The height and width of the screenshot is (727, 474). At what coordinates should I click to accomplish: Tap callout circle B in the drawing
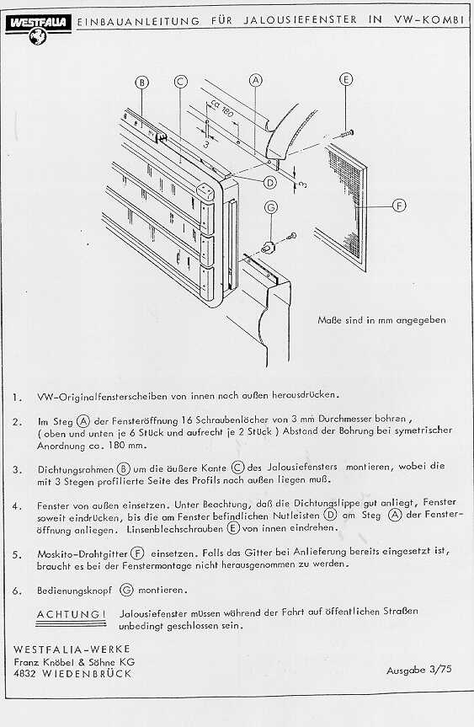[x=141, y=83]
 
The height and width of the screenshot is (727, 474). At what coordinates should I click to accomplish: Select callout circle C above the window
[x=181, y=82]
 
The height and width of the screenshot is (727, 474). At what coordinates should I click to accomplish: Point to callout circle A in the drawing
[x=256, y=80]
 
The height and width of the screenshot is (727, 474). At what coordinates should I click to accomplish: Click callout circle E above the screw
[x=346, y=79]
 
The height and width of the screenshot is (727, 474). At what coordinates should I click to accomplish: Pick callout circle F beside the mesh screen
[x=399, y=206]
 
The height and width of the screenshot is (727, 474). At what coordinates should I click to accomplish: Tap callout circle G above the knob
[x=271, y=207]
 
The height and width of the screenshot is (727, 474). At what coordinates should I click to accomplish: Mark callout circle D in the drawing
[x=270, y=182]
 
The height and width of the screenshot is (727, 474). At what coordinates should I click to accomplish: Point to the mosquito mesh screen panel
[x=342, y=208]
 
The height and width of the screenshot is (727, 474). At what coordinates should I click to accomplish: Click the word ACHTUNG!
[x=72, y=614]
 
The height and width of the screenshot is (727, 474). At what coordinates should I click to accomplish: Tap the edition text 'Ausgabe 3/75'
[x=419, y=670]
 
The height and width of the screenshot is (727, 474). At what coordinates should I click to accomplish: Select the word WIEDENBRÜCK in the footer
[x=88, y=674]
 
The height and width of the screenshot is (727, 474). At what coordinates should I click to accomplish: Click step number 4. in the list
[x=17, y=506]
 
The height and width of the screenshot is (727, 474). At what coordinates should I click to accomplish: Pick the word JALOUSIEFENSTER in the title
[x=301, y=20]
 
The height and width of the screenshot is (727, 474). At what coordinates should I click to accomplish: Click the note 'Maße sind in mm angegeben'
[x=381, y=320]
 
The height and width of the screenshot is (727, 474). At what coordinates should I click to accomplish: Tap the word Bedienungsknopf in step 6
[x=75, y=591]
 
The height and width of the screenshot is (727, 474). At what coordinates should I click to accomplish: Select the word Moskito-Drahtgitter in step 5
[x=83, y=554]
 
